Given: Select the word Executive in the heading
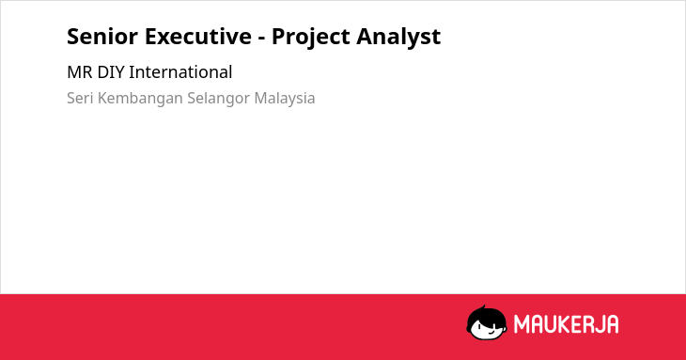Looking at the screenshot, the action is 198,37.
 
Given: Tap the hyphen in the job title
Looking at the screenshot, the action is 261,39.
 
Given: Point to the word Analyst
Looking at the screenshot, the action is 398,38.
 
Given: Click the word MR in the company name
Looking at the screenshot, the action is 80,72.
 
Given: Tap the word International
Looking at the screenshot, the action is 180,72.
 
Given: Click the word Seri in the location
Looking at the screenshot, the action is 80,98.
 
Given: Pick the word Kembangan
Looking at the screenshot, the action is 140,99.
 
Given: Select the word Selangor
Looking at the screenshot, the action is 218,99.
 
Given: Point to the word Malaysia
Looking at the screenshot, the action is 285,99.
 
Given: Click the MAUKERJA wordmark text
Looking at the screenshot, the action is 566,324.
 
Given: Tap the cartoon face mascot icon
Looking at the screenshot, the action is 487,322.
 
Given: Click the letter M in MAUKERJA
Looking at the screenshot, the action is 521,324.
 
